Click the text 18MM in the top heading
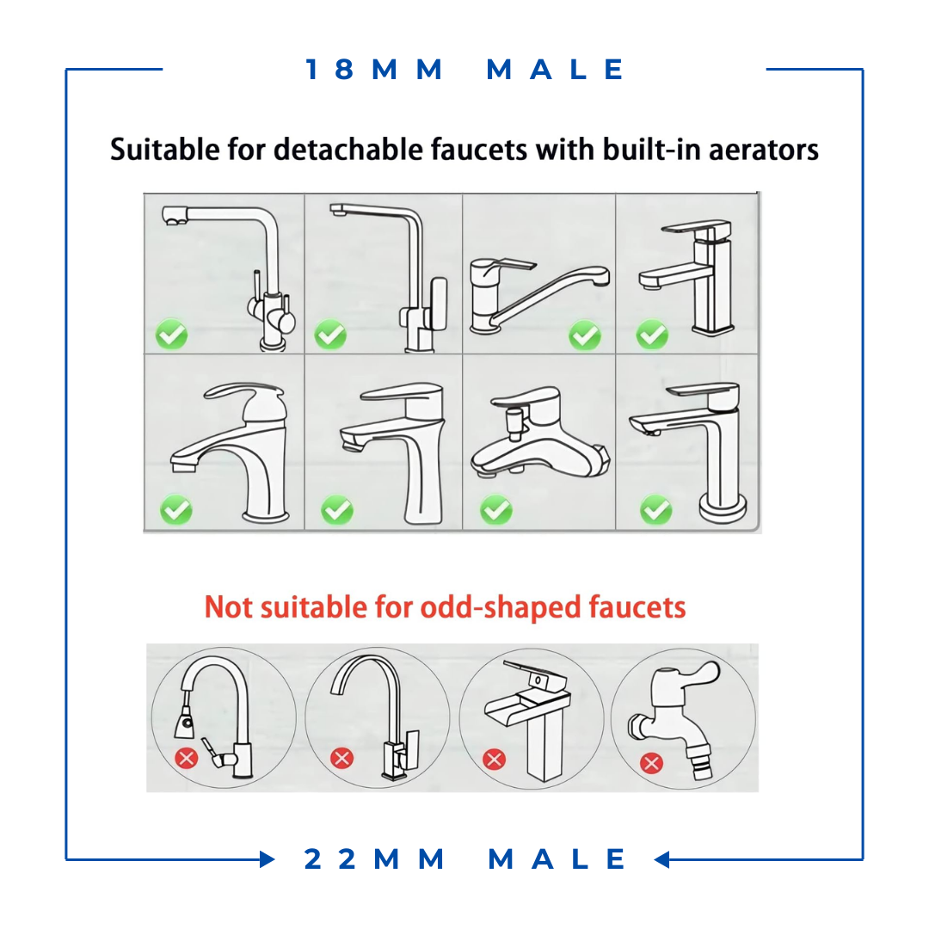(x=374, y=70)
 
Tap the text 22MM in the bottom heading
(x=374, y=859)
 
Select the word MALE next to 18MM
(x=555, y=70)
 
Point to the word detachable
(x=348, y=150)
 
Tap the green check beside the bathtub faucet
(x=496, y=510)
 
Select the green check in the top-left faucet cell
(x=171, y=335)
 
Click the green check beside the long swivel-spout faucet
(x=585, y=336)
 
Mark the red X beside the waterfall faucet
(x=494, y=759)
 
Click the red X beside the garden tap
(x=652, y=763)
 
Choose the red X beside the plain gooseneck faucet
(x=341, y=758)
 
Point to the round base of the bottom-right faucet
(x=723, y=509)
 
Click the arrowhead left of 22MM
(x=268, y=859)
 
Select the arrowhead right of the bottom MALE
(x=661, y=859)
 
